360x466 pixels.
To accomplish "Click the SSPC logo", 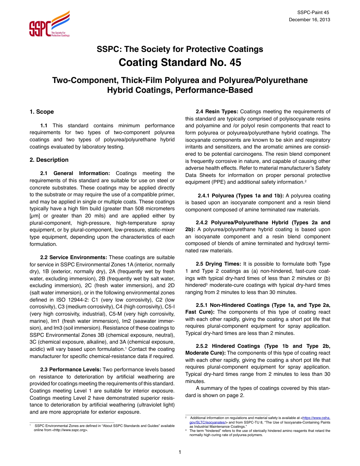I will [49, 24].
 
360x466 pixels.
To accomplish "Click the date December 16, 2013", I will [309, 20].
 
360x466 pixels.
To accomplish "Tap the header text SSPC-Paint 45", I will [314, 13].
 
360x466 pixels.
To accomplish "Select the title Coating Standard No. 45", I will [180, 62].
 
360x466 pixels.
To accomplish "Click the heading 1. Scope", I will [42, 112].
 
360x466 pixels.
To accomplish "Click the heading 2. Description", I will [49, 160].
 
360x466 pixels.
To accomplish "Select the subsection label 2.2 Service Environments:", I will [74, 257].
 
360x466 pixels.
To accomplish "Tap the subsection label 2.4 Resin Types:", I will [217, 111].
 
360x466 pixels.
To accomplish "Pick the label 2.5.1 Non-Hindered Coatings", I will [243, 305].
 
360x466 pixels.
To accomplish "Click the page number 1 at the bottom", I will [180, 452].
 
